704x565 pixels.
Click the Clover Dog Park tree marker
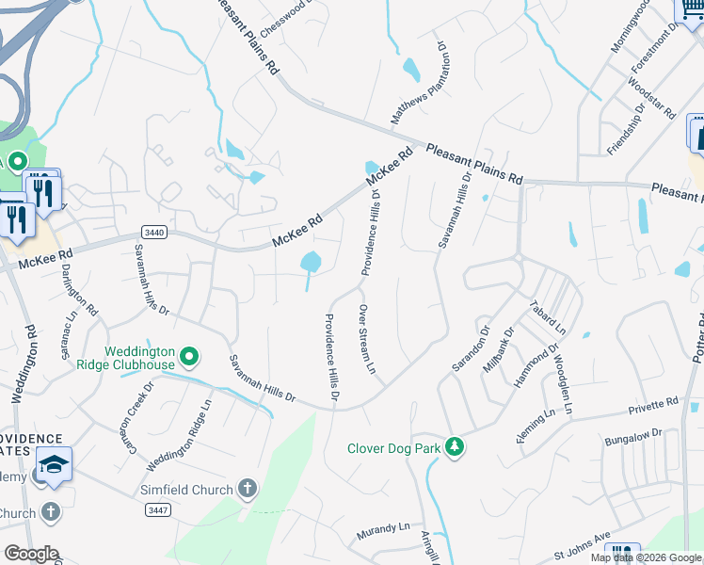455,447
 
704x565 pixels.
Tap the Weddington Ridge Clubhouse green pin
189,356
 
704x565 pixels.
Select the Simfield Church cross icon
247,489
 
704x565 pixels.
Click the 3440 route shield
153,232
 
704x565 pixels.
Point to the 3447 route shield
158,509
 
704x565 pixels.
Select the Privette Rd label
654,406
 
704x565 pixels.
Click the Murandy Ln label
384,531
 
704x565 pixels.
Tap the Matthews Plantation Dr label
418,83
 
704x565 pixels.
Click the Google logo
31,554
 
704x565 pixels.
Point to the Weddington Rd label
23,365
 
